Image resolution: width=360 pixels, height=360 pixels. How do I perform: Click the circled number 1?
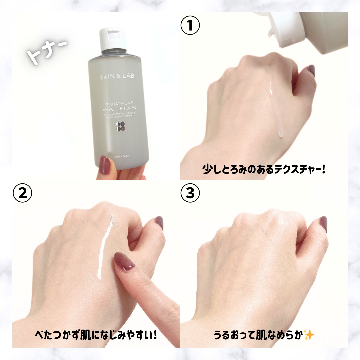190,26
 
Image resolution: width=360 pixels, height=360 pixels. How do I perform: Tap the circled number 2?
22,194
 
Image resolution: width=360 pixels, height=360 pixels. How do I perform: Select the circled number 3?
190,194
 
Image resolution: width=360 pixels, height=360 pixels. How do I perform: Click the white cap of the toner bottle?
112,39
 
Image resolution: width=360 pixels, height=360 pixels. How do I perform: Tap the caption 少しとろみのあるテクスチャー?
263,169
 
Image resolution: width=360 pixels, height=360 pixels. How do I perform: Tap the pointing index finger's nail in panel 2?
124,261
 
